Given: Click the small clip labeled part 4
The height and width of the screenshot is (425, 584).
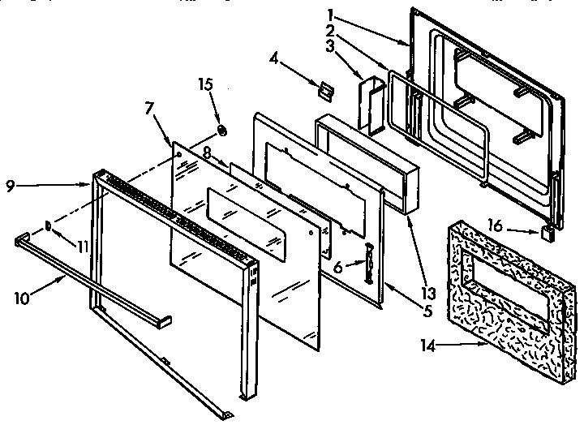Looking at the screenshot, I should click(326, 90).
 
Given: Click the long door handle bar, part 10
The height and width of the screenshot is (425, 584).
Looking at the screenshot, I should click(89, 276).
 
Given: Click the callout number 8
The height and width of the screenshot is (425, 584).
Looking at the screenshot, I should click(207, 151).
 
